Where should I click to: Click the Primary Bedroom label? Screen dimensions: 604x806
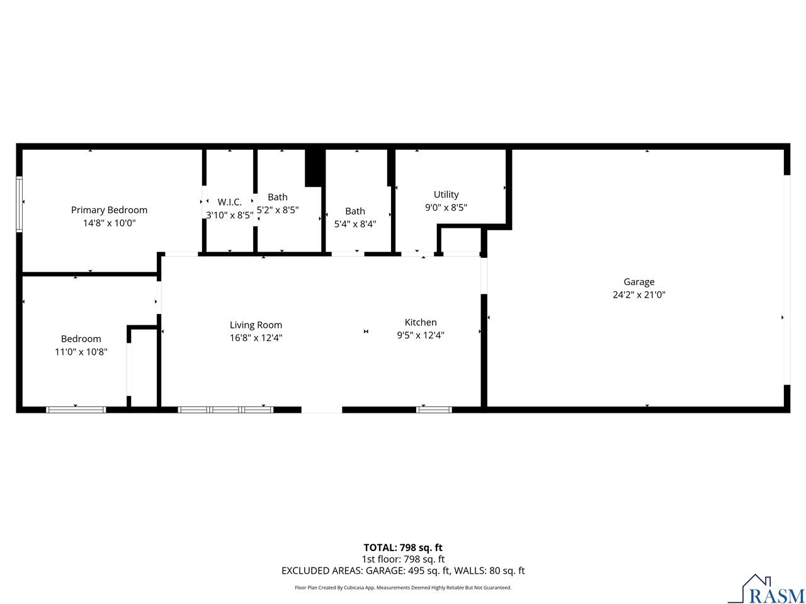click(109, 210)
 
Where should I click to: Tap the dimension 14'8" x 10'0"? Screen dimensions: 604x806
click(109, 223)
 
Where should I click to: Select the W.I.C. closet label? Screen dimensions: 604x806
click(230, 202)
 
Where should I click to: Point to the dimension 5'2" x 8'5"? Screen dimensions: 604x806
click(278, 210)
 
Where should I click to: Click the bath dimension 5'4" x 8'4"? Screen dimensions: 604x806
click(355, 223)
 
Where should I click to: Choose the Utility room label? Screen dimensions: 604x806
click(446, 194)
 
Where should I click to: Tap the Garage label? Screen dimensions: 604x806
click(639, 282)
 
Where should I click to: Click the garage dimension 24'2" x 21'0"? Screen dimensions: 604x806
click(639, 294)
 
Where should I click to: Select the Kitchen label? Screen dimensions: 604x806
click(421, 322)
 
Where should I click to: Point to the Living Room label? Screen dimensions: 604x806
click(256, 325)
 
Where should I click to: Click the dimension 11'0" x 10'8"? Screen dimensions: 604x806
click(81, 352)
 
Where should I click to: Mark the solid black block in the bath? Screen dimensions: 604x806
click(315, 167)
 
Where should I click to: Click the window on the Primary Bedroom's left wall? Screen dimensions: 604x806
click(20, 204)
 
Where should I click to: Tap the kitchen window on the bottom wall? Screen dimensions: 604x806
click(434, 410)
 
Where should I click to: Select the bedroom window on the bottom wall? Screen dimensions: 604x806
click(76, 410)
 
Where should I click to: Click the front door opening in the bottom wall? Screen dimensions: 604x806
click(322, 410)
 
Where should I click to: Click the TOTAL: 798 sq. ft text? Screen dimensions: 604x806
click(403, 547)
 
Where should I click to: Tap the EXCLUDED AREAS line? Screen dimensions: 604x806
click(403, 571)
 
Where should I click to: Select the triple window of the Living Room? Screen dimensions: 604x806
click(225, 410)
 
